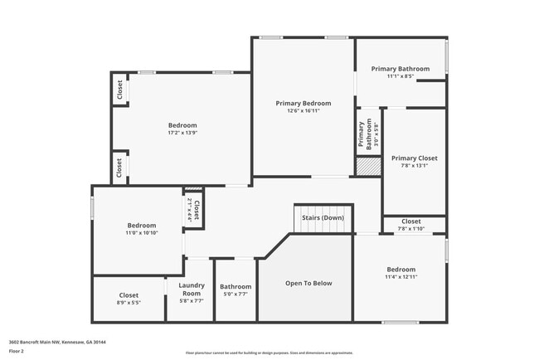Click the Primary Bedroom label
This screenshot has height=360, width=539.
point(303,103)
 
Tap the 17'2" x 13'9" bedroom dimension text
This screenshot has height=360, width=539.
point(182,133)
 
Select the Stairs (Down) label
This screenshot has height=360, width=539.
point(323,218)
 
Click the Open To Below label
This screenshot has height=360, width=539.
point(308,283)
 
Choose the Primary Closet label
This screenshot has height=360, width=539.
point(414,158)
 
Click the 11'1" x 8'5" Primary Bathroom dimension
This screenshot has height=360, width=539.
point(401,76)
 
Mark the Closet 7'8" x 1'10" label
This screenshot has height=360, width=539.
point(411,221)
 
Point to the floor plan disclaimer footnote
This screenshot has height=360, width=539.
point(269,353)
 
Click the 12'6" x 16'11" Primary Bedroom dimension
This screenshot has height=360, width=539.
point(303,110)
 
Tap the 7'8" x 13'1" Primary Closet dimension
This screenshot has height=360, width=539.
point(414,166)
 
